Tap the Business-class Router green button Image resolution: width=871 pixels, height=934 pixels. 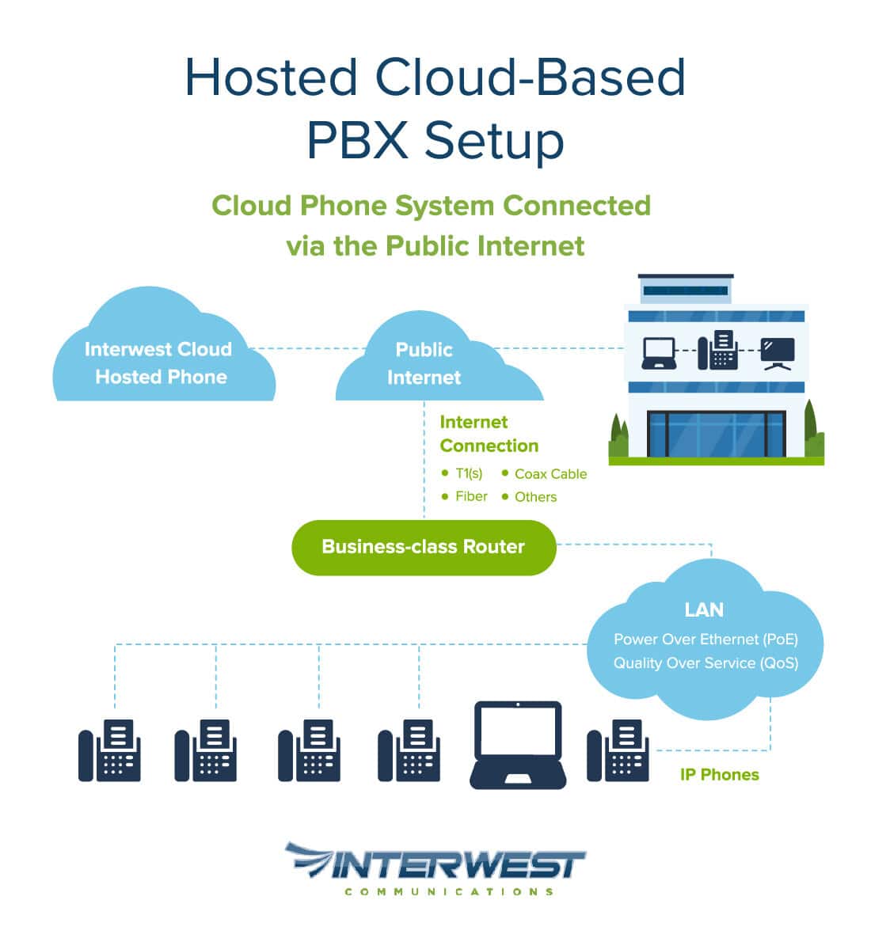(424, 547)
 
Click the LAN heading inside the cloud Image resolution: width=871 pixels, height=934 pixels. (704, 609)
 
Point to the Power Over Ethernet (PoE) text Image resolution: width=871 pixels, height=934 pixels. (706, 640)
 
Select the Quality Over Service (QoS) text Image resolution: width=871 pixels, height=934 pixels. (706, 663)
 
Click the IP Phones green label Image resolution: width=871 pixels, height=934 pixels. (719, 775)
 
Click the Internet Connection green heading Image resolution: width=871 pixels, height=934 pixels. (489, 434)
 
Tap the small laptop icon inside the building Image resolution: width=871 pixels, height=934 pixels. (659, 353)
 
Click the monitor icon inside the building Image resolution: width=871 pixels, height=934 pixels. (777, 353)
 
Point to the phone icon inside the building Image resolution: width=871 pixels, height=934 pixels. (718, 351)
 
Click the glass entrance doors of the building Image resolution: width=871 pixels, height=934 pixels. (716, 435)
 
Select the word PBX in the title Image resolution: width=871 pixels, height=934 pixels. (358, 140)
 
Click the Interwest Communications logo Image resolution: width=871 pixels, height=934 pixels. (435, 868)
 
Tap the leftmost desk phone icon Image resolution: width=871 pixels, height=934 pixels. (109, 750)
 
